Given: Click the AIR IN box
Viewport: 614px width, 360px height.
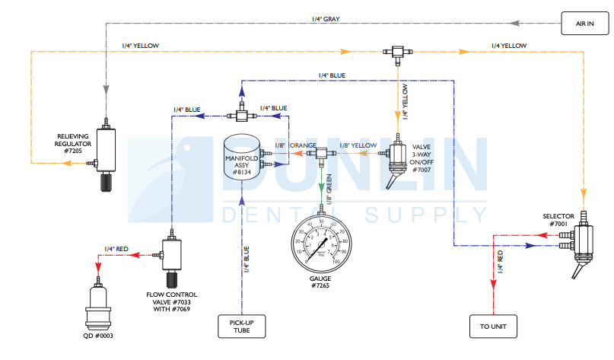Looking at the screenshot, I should click(585, 24).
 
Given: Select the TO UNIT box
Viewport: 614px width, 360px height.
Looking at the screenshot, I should click(493, 327).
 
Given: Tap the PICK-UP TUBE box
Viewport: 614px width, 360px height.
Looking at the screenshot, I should click(241, 327).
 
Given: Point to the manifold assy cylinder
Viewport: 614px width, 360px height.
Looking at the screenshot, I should click(241, 157).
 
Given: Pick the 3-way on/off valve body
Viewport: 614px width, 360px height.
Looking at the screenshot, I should click(397, 160).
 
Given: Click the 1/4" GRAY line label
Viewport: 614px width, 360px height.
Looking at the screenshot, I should click(326, 18).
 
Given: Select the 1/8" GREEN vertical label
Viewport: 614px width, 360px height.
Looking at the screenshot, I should click(329, 187).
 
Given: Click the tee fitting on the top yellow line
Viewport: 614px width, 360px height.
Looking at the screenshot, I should click(396, 52).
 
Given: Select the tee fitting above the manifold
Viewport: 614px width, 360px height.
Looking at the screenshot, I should click(241, 116).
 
